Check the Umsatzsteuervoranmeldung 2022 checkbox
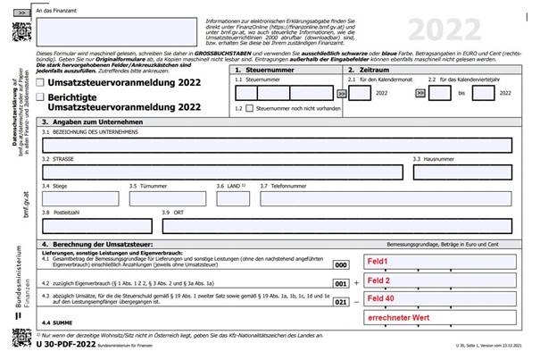click(x=41, y=84)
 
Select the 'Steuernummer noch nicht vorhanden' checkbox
click(x=250, y=109)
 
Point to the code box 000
click(x=340, y=265)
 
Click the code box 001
click(x=340, y=284)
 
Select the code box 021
click(x=340, y=303)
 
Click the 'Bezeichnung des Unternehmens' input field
click(x=276, y=146)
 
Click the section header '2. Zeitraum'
click(x=374, y=69)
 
